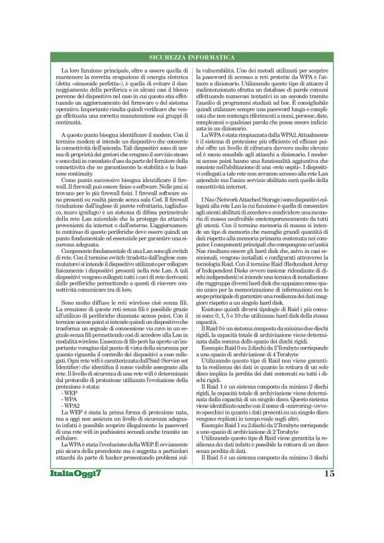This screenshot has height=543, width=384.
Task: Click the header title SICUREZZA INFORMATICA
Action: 191,59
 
